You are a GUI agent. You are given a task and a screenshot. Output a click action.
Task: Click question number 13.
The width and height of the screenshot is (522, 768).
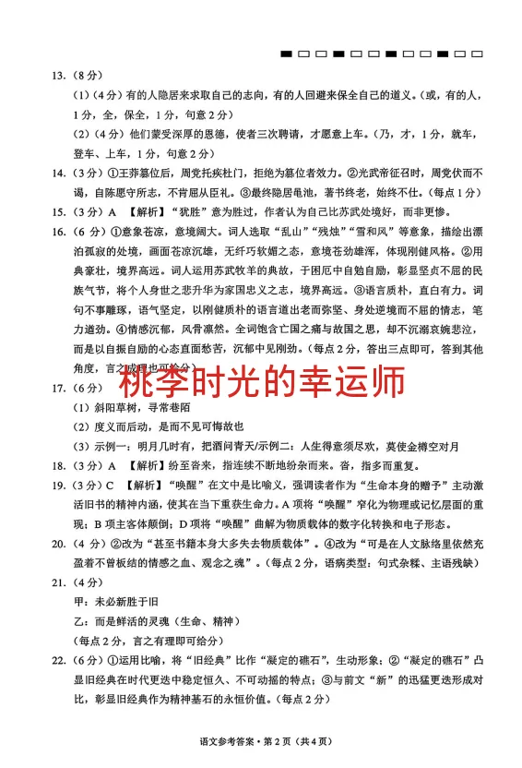click(x=57, y=75)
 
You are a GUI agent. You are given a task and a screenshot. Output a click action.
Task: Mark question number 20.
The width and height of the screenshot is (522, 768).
click(x=57, y=545)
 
